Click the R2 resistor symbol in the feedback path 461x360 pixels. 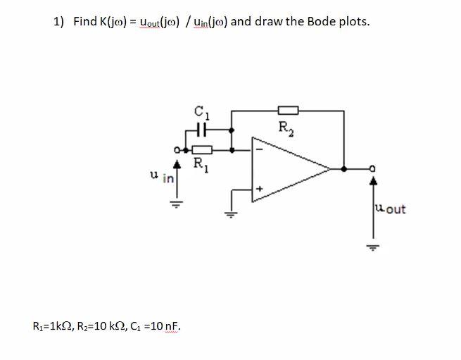[x=289, y=110]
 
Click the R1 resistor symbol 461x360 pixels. [x=202, y=149]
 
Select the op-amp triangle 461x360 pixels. [x=289, y=168]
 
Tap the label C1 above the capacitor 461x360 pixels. [x=202, y=111]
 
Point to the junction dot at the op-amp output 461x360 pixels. [x=343, y=169]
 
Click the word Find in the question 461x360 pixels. [x=85, y=21]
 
